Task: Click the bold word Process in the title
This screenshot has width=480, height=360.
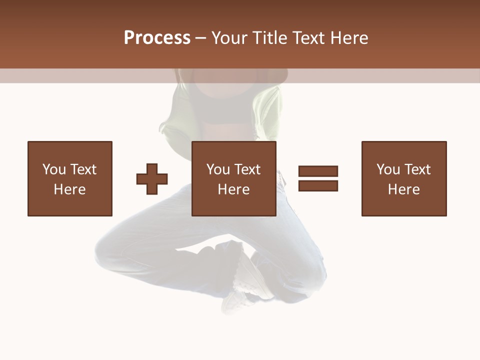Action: tap(157, 38)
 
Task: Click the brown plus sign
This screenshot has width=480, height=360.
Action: tap(152, 179)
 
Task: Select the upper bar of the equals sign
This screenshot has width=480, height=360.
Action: tap(318, 171)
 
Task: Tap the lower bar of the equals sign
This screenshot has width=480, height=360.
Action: tap(318, 186)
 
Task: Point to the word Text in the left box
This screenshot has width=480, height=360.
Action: tap(82, 169)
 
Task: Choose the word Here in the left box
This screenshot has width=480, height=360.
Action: tap(69, 189)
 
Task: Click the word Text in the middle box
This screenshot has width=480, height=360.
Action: tap(246, 169)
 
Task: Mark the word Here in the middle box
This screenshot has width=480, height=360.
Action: tap(233, 189)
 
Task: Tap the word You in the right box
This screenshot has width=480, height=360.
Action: tap(388, 169)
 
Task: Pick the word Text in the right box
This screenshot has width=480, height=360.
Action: tap(416, 169)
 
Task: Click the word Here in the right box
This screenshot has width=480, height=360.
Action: tap(403, 189)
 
